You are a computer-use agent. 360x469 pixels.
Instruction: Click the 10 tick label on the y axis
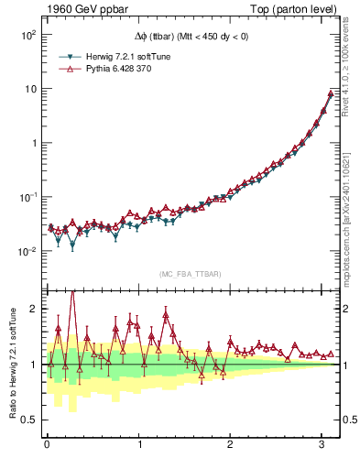coord(29,89)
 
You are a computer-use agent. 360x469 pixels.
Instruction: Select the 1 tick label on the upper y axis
coord(33,143)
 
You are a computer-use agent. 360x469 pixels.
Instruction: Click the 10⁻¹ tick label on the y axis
coord(27,197)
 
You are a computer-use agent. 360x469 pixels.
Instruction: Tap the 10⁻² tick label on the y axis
coord(27,251)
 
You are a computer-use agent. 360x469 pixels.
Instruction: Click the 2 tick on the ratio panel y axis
coord(33,310)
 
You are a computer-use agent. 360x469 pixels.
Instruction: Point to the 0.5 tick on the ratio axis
coord(29,420)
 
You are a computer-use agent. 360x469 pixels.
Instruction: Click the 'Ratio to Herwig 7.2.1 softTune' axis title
coord(11,365)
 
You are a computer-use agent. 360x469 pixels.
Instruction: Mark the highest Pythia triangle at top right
coord(331,93)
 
